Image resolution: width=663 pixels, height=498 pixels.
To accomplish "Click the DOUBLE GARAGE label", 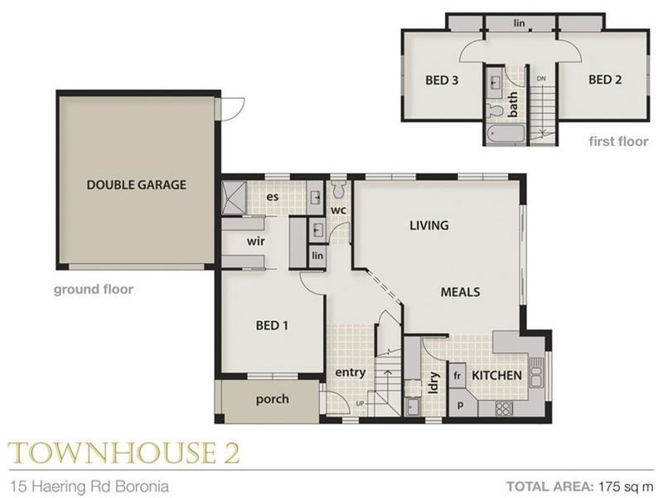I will point(136,185).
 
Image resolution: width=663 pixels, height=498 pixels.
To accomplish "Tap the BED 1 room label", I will point(271,325).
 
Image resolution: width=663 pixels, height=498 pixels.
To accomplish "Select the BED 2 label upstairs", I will point(605,81).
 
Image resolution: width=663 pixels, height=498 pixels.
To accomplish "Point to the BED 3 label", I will point(442,81).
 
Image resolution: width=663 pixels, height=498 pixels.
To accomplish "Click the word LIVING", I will point(428,225).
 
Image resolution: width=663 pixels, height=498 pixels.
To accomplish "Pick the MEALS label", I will point(460,292).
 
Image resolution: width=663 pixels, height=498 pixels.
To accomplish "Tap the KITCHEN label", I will point(497,376).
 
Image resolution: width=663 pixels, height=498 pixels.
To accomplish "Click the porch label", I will point(272,399).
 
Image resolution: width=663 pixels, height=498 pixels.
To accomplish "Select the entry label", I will point(351,373).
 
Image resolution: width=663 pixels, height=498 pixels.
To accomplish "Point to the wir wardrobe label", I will point(254,242).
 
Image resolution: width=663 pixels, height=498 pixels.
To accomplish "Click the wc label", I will point(338,210).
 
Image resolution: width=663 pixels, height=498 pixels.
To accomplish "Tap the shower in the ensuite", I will point(233,198).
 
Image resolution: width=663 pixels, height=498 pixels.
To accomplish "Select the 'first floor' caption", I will point(618,141).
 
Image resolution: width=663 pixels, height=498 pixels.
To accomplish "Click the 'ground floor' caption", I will point(94,290).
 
